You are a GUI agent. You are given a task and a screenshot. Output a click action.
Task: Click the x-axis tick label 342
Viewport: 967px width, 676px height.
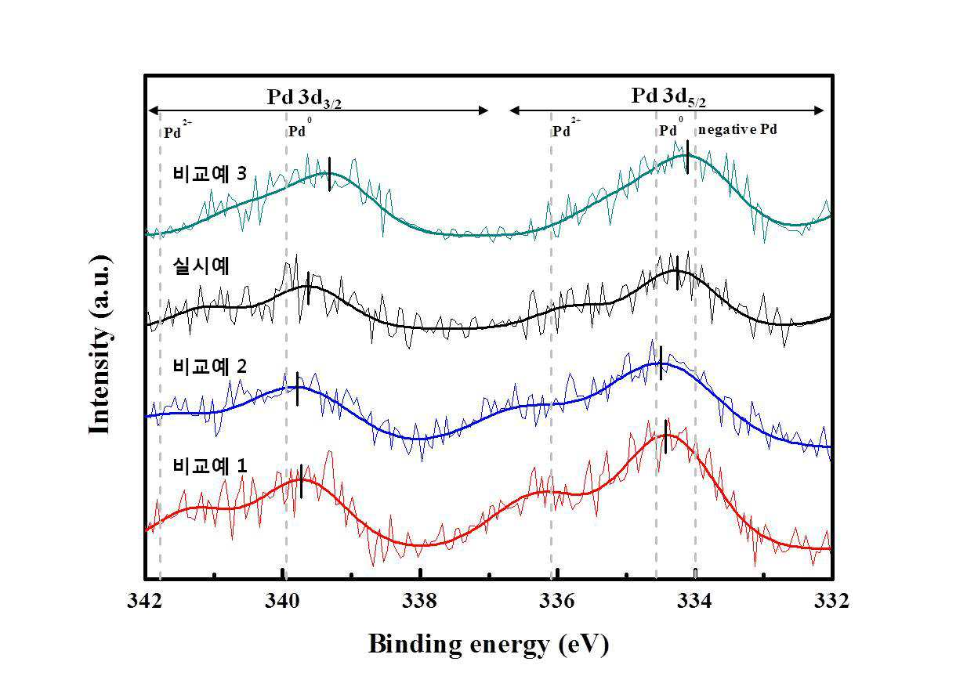[x=144, y=601]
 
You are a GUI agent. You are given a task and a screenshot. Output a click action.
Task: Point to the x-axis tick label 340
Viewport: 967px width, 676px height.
[x=282, y=601]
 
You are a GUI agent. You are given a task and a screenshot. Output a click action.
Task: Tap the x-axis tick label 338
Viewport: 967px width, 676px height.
[x=419, y=601]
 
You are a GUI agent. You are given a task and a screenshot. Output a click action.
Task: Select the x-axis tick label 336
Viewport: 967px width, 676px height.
[x=557, y=601]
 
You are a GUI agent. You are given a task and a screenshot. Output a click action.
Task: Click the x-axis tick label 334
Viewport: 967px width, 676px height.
[x=694, y=601]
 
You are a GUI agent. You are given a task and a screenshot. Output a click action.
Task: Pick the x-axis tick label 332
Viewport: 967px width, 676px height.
[x=831, y=601]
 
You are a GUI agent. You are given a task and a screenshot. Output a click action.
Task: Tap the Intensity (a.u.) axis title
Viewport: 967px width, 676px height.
[x=100, y=344]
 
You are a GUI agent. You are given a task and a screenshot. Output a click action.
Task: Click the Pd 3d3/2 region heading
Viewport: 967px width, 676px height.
[x=304, y=98]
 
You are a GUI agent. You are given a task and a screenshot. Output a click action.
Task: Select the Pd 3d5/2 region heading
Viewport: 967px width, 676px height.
[x=668, y=96]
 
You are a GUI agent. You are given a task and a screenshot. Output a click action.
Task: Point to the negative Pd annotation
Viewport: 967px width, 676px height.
[x=737, y=129]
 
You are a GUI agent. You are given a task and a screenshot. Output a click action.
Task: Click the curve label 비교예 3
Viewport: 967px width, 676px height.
[x=210, y=173]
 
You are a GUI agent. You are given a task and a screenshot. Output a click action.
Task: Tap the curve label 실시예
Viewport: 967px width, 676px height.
[x=201, y=266]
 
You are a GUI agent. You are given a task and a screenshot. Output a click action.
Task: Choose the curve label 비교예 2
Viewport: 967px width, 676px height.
[x=210, y=367]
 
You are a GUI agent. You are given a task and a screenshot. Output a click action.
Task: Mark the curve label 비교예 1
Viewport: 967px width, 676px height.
[x=210, y=466]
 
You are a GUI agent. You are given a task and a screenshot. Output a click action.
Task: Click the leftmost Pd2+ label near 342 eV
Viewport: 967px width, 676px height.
[x=178, y=129]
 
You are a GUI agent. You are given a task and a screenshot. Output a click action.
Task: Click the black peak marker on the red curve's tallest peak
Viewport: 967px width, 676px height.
[x=665, y=436]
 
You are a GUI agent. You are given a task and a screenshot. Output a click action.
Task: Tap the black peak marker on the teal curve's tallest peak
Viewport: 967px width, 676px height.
[x=687, y=157]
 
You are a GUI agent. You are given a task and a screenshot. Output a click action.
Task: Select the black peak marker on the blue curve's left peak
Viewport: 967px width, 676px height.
[x=298, y=389]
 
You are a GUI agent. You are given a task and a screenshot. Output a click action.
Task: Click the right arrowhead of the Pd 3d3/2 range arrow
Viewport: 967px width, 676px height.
[x=483, y=110]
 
